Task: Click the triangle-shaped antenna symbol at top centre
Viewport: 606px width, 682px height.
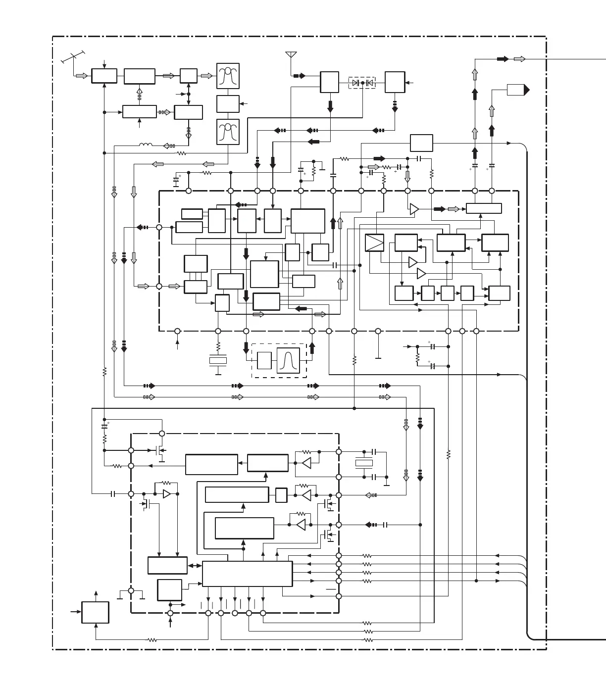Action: pyautogui.click(x=291, y=54)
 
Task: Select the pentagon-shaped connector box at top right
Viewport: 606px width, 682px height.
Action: pyautogui.click(x=518, y=90)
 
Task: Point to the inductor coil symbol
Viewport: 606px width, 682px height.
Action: pyautogui.click(x=146, y=145)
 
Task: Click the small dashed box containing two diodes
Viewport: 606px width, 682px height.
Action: pyautogui.click(x=362, y=83)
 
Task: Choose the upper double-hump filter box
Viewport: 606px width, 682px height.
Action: pyautogui.click(x=228, y=76)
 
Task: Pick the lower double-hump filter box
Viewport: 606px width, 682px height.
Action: pyautogui.click(x=228, y=132)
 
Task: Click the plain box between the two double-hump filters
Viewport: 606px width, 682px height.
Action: pyautogui.click(x=228, y=104)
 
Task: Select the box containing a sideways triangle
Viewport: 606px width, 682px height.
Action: pyautogui.click(x=374, y=243)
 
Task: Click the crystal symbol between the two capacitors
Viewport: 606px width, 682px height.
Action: pyautogui.click(x=364, y=463)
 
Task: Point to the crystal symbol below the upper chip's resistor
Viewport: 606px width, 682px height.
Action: pyautogui.click(x=218, y=361)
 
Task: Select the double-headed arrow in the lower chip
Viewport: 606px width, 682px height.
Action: pyautogui.click(x=195, y=565)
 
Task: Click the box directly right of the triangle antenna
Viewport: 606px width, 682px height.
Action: pyautogui.click(x=329, y=82)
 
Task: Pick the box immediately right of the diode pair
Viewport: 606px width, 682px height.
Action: pyautogui.click(x=395, y=82)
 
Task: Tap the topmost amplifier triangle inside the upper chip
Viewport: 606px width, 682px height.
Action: pyautogui.click(x=414, y=209)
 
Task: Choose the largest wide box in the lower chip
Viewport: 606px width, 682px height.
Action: pyautogui.click(x=247, y=574)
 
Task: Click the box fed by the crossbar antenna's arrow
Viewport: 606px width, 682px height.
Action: pyautogui.click(x=104, y=76)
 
